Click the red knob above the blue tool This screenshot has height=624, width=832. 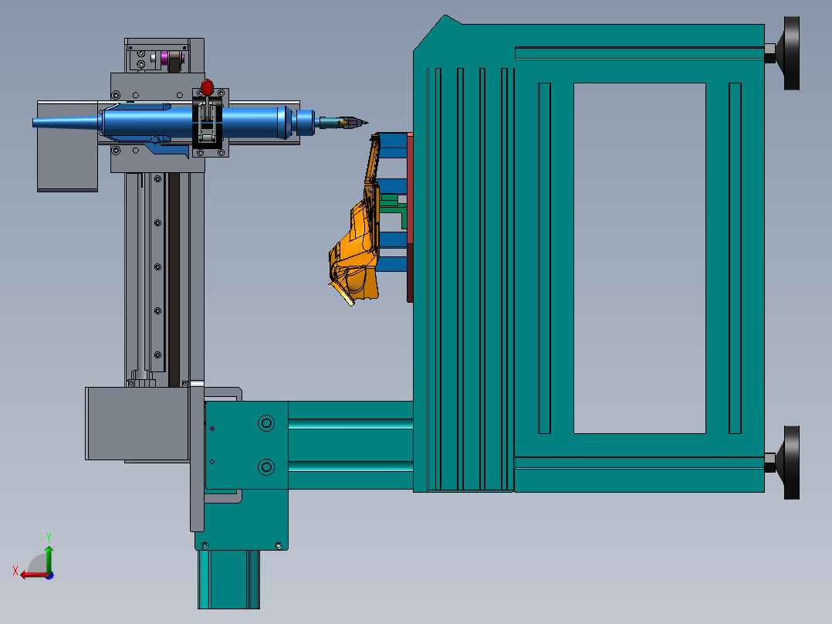[207, 87]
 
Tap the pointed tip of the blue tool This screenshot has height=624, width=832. [367, 123]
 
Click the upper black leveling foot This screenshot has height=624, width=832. [791, 53]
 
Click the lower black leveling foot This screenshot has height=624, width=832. [791, 463]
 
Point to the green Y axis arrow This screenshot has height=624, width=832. [49, 558]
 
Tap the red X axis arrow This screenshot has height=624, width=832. [35, 575]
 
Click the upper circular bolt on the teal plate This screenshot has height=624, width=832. [265, 423]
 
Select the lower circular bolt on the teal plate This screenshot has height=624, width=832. [265, 467]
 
